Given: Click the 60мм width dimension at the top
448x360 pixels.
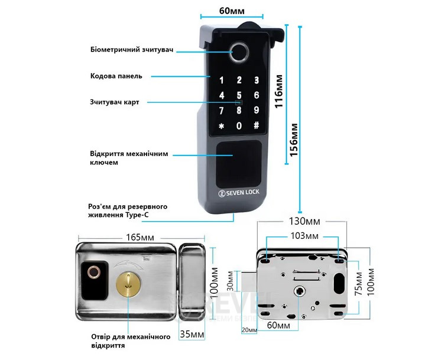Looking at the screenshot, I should (x=223, y=11).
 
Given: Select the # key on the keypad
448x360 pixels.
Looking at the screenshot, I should (x=256, y=125).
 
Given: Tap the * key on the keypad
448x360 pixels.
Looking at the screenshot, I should (x=222, y=126).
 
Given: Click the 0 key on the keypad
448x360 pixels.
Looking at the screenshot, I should (x=239, y=125).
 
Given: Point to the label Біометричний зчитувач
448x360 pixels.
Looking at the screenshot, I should (x=132, y=50).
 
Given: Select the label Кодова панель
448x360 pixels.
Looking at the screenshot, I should (x=116, y=76).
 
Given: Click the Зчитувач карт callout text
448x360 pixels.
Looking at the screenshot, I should (x=115, y=102).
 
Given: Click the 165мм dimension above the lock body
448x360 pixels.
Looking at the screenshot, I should (x=140, y=237).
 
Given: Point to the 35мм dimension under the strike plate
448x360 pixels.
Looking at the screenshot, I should (x=193, y=335).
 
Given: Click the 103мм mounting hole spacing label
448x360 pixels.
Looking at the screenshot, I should (x=302, y=236).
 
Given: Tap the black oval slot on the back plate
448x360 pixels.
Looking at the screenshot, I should (x=339, y=283).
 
